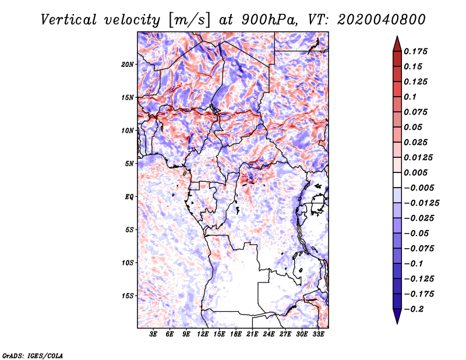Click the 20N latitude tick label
[128, 64]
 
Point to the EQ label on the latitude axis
[129, 197]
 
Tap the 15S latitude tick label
[128, 296]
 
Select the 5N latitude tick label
[129, 164]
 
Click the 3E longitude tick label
[153, 334]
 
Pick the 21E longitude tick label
[252, 334]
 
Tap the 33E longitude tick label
[318, 334]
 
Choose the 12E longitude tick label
[203, 334]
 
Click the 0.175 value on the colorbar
[415, 51]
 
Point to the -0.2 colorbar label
[414, 309]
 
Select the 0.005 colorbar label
[415, 172]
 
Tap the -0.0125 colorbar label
[421, 203]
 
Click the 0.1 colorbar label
[410, 97]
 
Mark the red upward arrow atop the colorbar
[397, 44]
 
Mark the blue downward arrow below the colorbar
[397, 316]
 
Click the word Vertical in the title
[69, 20]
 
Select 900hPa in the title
[269, 20]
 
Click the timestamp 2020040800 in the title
[381, 20]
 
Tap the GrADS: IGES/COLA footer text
[33, 355]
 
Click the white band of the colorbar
[397, 180]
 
